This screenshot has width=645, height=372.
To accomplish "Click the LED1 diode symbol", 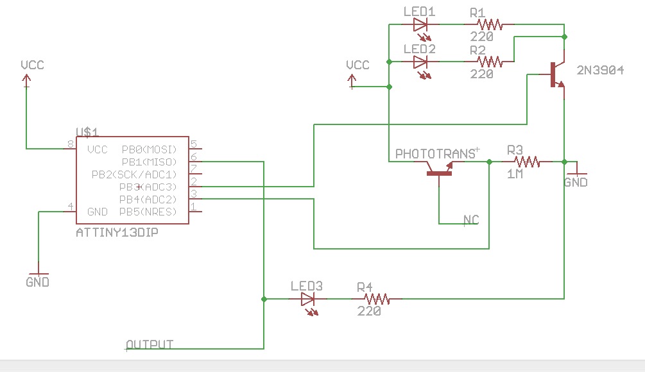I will point(420,26).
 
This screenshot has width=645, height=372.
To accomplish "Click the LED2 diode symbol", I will point(420,62).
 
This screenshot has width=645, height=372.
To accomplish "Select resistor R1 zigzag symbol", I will point(489,25).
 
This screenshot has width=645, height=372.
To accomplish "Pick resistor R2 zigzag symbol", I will point(489,62).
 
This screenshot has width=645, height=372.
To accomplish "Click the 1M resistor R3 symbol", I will point(526,162).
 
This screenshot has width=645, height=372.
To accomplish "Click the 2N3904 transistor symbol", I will point(556,74).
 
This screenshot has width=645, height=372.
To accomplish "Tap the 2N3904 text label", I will point(600,71).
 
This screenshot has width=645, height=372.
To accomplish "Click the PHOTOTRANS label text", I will point(434,154).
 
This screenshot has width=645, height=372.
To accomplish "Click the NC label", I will point(472,220).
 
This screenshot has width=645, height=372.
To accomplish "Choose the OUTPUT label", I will point(150,344).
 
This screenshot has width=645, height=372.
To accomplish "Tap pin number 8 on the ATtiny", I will point(71,145).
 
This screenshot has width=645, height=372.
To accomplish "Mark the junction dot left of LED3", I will point(264,299).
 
